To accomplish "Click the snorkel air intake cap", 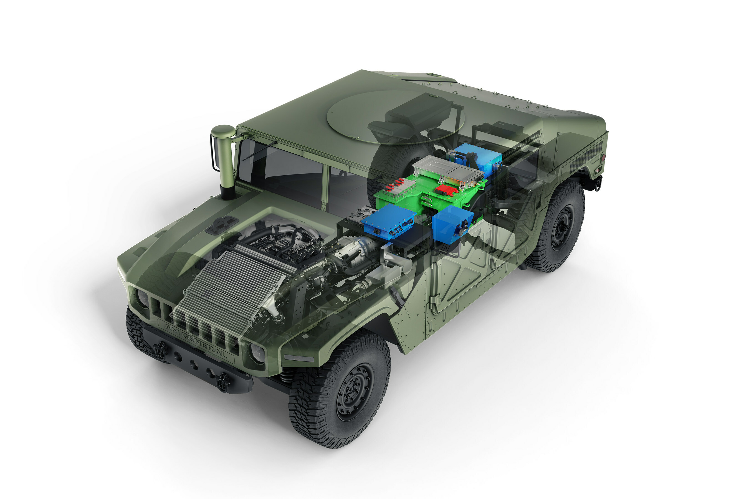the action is (x=223, y=131).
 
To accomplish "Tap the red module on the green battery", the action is (x=446, y=190).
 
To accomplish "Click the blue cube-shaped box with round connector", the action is (x=452, y=223).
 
